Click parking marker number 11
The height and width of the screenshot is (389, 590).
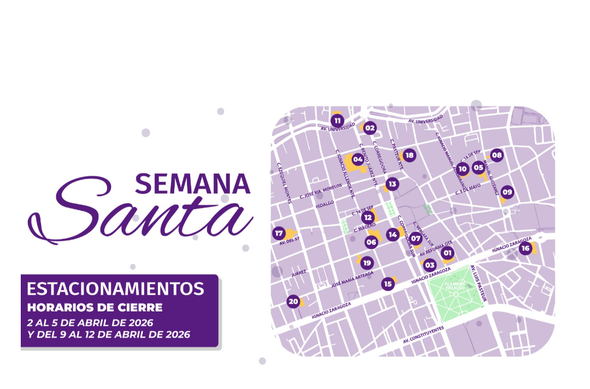pyautogui.click(x=337, y=121)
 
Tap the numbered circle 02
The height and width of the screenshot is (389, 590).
pyautogui.click(x=370, y=128)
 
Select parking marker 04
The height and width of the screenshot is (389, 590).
pyautogui.click(x=358, y=160)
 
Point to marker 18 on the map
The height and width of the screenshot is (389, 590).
pyautogui.click(x=409, y=155)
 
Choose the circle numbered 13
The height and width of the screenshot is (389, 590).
pyautogui.click(x=392, y=184)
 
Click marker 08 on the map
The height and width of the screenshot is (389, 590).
pyautogui.click(x=496, y=155)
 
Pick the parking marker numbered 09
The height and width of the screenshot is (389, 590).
pyautogui.click(x=508, y=192)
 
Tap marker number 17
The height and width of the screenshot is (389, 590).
pyautogui.click(x=279, y=233)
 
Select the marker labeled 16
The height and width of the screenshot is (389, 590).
pyautogui.click(x=525, y=249)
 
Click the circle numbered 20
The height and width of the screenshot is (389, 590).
pyautogui.click(x=293, y=301)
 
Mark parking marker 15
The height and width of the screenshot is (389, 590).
pyautogui.click(x=388, y=284)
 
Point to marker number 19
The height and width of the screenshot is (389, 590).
pyautogui.click(x=366, y=262)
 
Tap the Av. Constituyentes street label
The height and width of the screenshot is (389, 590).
pyautogui.click(x=423, y=334)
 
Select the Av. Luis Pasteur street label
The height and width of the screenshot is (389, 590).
pyautogui.click(x=479, y=284)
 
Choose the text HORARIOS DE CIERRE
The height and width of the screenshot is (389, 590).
pyautogui.click(x=95, y=307)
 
